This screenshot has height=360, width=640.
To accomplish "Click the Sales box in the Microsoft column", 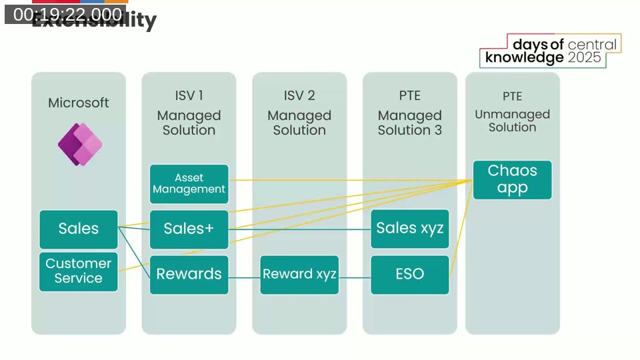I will coord(78,229).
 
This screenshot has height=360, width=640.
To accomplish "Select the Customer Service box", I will coord(78,271).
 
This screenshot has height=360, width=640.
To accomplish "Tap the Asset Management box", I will coord(189,183).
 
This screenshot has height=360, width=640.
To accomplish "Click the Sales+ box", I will coord(189,229).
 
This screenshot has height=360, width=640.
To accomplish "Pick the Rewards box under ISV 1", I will coord(189,274).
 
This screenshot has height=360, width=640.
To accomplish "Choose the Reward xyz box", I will coord(299,274).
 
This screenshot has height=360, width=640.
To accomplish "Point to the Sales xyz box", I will coord(409,229).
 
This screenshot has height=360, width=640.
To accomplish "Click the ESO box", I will coord(409,274).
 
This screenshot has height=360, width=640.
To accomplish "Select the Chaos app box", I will coord(512,179).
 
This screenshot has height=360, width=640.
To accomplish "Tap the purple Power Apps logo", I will coord(80,144).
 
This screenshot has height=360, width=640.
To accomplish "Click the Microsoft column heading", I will coord(78,103).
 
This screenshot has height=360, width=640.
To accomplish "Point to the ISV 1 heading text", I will coord(189,96).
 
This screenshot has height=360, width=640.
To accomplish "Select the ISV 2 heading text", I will coord(299,96).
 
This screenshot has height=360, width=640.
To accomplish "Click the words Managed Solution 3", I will coord(409,123).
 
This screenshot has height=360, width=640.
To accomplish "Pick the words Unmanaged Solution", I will coord(512,121).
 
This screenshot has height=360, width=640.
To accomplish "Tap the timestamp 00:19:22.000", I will coord(67,14).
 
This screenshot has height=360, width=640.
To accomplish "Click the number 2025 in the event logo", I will coord(585,58).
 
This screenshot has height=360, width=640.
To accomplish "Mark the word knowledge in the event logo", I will coord(525,58).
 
